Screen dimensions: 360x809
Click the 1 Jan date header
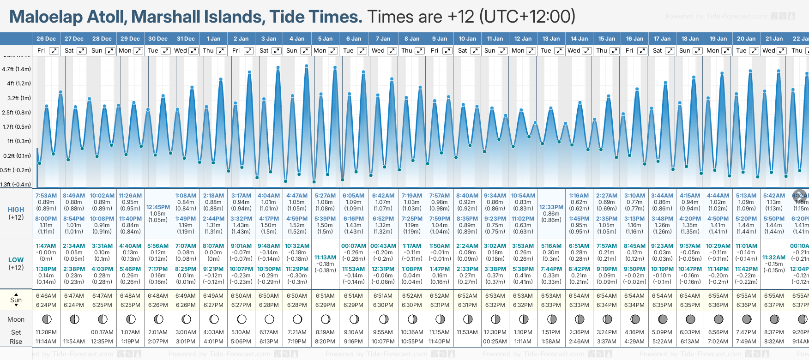pyautogui.click(x=213, y=39)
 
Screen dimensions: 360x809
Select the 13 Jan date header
pyautogui.click(x=551, y=39)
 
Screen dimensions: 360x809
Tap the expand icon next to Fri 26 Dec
pyautogui.click(x=54, y=51)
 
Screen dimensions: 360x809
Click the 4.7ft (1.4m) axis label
pyautogui.click(x=16, y=69)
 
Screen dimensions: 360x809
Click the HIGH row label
pyautogui.click(x=16, y=210)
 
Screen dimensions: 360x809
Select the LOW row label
pyautogui.click(x=16, y=260)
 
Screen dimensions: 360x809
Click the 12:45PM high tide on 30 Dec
pyautogui.click(x=158, y=207)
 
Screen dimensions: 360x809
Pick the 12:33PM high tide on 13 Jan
pyautogui.click(x=551, y=207)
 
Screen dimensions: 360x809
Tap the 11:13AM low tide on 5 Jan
pyautogui.click(x=325, y=258)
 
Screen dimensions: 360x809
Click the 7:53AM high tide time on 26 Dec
pyautogui.click(x=46, y=196)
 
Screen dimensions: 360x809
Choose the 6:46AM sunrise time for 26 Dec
pyautogui.click(x=46, y=296)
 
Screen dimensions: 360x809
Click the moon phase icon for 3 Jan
pyautogui.click(x=269, y=319)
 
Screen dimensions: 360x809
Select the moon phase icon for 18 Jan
pyautogui.click(x=690, y=319)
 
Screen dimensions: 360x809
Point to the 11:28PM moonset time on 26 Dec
pyautogui.click(x=46, y=332)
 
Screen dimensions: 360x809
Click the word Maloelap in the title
pyautogui.click(x=46, y=17)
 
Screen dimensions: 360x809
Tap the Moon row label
pyautogui.click(x=16, y=319)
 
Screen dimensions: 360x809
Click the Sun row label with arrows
pyautogui.click(x=16, y=300)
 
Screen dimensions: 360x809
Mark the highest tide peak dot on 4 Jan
pyautogui.click(x=307, y=66)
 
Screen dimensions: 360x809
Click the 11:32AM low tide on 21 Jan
pyautogui.click(x=774, y=258)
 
